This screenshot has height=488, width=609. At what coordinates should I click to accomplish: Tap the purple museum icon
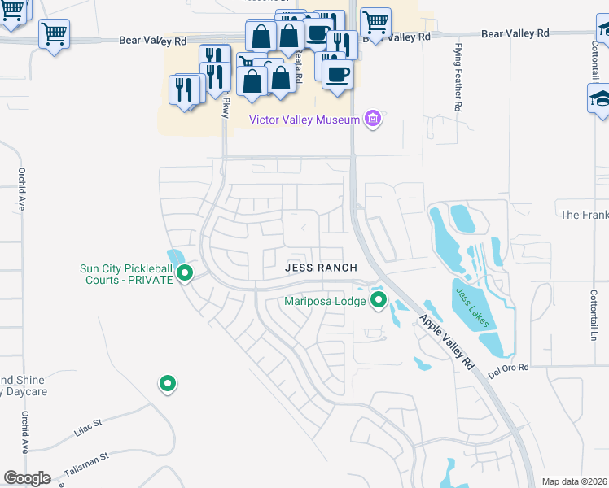pyautogui.click(x=373, y=120)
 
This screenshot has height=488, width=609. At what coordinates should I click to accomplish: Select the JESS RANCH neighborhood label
pyautogui.click(x=321, y=268)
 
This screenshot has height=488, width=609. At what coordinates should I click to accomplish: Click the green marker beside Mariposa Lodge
pyautogui.click(x=379, y=302)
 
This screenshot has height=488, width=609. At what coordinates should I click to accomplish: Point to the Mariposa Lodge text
pyautogui.click(x=325, y=302)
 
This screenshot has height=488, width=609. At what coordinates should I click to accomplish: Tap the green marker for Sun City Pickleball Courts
pyautogui.click(x=185, y=273)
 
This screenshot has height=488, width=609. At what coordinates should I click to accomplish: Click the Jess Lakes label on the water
pyautogui.click(x=472, y=307)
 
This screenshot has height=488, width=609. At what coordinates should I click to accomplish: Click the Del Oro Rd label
pyautogui.click(x=509, y=368)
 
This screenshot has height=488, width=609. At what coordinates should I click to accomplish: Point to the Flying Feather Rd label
pyautogui.click(x=458, y=78)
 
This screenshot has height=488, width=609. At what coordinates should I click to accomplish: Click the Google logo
pyautogui.click(x=27, y=477)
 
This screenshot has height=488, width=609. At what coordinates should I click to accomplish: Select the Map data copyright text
pyautogui.click(x=574, y=481)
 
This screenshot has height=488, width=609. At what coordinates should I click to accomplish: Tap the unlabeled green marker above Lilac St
pyautogui.click(x=167, y=383)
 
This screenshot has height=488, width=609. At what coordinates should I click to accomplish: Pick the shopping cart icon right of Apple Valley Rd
pyautogui.click(x=375, y=21)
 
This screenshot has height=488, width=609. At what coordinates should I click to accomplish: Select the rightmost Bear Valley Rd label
pyautogui.click(x=515, y=33)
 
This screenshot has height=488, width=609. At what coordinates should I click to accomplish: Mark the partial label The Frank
pyautogui.click(x=584, y=215)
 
